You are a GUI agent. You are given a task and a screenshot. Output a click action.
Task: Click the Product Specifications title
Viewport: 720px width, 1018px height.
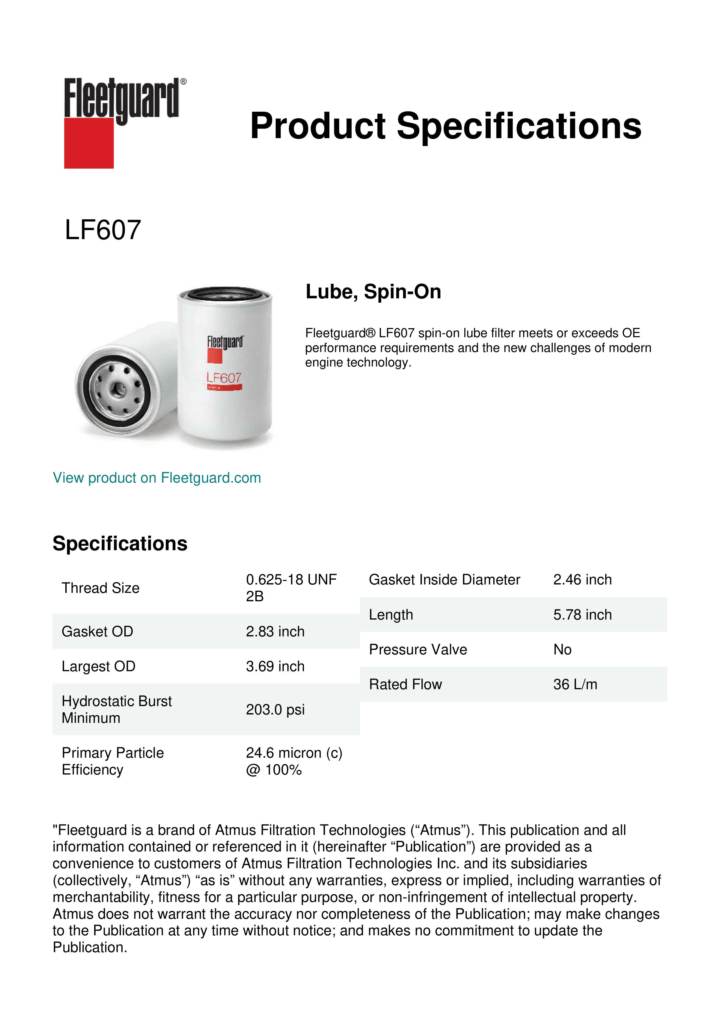pyautogui.click(x=445, y=126)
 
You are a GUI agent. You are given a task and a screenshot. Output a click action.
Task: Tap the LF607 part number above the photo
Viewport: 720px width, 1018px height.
pyautogui.click(x=103, y=230)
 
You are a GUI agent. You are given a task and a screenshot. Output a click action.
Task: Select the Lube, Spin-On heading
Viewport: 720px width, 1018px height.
pyautogui.click(x=373, y=292)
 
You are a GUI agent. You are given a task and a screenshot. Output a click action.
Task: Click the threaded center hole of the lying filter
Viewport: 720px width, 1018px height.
pyautogui.click(x=118, y=389)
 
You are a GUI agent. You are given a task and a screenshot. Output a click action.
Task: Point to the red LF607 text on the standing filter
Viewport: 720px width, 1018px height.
pyautogui.click(x=224, y=378)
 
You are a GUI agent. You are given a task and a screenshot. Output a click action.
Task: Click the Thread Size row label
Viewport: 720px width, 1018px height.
pyautogui.click(x=101, y=588)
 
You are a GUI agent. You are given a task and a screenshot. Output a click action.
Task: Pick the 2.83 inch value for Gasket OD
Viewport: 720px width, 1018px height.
pyautogui.click(x=275, y=631)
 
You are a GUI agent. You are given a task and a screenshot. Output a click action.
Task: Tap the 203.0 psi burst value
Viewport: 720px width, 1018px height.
pyautogui.click(x=275, y=710)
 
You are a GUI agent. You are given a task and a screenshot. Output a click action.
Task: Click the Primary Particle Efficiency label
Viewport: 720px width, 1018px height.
pyautogui.click(x=113, y=761)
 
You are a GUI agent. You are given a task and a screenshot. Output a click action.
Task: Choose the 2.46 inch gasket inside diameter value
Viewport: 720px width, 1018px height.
pyautogui.click(x=582, y=580)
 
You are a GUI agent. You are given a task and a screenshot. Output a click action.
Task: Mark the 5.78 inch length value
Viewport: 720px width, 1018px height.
pyautogui.click(x=582, y=615)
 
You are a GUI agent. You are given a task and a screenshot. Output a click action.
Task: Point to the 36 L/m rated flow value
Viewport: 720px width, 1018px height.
pyautogui.click(x=575, y=685)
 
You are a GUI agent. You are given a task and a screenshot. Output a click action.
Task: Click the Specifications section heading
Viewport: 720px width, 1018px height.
pyautogui.click(x=120, y=544)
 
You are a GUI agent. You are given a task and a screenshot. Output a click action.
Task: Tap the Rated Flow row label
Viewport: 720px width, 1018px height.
pyautogui.click(x=405, y=685)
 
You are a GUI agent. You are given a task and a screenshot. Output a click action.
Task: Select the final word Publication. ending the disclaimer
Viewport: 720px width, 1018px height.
pyautogui.click(x=90, y=947)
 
